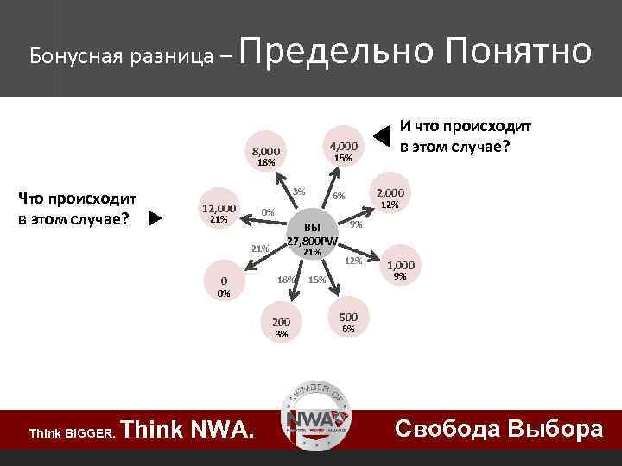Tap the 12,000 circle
point(218,213)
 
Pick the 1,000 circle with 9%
point(400,270)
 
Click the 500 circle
point(348,322)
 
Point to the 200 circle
point(281,327)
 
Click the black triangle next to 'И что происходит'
point(382,135)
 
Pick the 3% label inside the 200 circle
point(281,334)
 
